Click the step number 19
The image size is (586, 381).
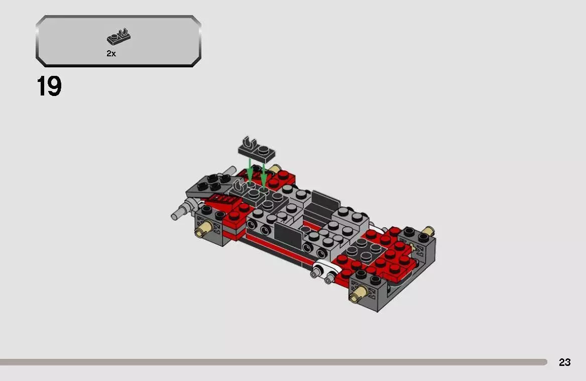pyautogui.click(x=49, y=87)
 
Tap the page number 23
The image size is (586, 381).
pyautogui.click(x=564, y=362)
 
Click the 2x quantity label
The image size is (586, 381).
pyautogui.click(x=111, y=54)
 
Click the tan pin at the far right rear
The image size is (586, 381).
pyautogui.click(x=427, y=232)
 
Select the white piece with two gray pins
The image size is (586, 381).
pyautogui.click(x=323, y=271)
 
